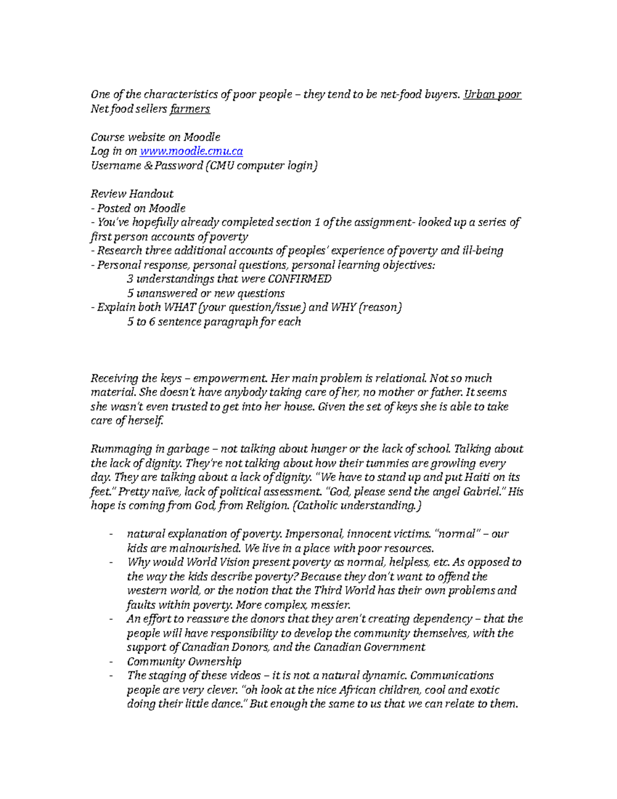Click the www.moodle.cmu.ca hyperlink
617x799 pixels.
tap(191, 151)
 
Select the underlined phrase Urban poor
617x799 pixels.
tap(492, 95)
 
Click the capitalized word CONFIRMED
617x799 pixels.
tap(300, 279)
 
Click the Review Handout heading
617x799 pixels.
tap(132, 194)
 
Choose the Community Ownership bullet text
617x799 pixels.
tap(184, 662)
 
